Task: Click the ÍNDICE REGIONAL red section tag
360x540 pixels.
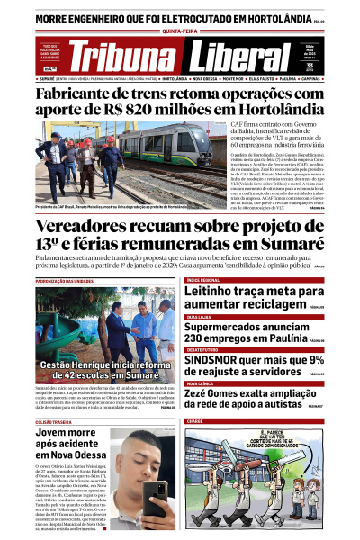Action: point(203,281)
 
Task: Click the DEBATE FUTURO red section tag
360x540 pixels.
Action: point(205,348)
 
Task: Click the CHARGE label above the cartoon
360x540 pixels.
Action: point(195,421)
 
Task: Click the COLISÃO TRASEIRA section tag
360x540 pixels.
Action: point(55,421)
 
